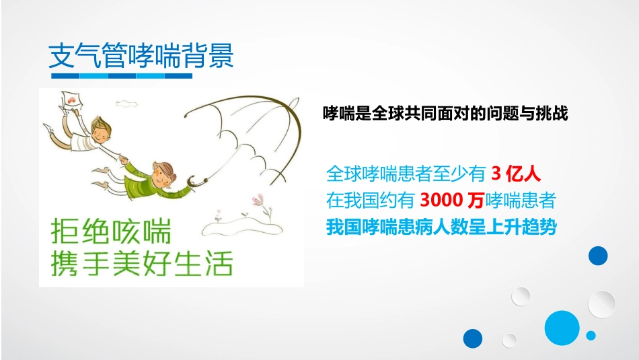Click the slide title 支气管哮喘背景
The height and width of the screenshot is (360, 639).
click(x=141, y=56)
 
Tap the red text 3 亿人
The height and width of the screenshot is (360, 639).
click(x=516, y=174)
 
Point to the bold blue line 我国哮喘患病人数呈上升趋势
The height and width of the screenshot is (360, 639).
click(x=441, y=227)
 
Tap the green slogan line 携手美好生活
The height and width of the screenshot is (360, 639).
click(x=142, y=264)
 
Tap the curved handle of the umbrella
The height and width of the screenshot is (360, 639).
click(x=195, y=180)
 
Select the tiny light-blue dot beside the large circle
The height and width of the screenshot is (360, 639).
click(x=591, y=335)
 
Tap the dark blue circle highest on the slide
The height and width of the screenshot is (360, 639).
click(x=597, y=256)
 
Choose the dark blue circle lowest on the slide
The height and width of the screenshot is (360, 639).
click(x=473, y=338)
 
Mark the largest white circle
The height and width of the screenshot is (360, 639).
click(x=601, y=303)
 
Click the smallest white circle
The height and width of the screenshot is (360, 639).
click(x=509, y=340)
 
